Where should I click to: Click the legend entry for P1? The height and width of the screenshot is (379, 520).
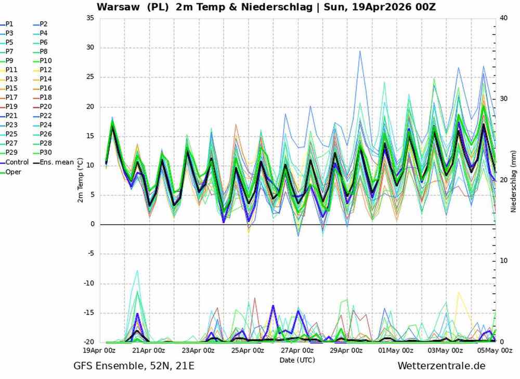point(10,24)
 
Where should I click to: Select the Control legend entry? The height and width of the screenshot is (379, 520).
point(17,162)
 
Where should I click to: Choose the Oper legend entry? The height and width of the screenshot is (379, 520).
point(14,171)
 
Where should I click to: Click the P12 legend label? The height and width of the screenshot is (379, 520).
point(46,70)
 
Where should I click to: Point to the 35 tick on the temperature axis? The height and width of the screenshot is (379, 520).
point(90,18)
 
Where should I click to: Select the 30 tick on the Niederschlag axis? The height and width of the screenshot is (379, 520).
point(503,99)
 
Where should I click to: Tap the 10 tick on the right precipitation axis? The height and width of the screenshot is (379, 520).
point(503,261)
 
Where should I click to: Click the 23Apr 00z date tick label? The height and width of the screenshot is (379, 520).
point(198,350)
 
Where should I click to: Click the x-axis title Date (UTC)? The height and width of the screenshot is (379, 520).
point(297,359)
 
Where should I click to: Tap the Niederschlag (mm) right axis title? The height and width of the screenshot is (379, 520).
point(513,180)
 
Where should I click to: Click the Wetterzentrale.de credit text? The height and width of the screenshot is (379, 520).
point(441,366)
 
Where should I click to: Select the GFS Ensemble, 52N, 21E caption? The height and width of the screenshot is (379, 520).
point(134,366)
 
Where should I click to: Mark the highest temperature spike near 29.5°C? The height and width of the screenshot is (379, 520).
point(359,50)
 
